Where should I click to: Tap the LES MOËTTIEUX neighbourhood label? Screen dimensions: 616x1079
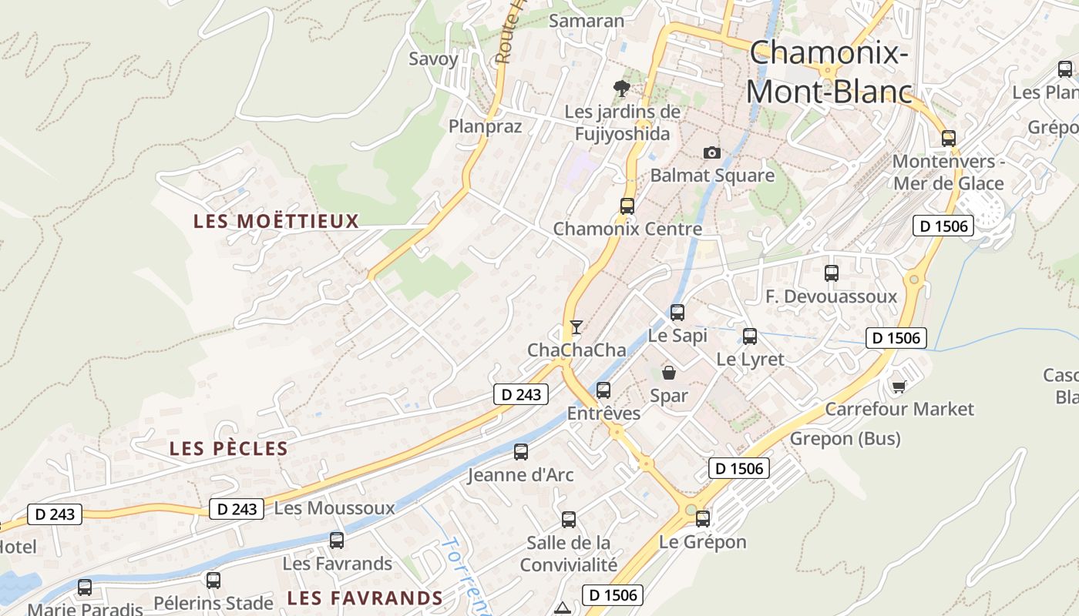click(x=276, y=222)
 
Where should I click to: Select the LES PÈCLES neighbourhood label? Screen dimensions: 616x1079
click(x=228, y=448)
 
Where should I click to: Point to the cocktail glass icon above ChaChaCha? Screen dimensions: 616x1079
click(x=576, y=326)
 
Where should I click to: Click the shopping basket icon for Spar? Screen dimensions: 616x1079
click(x=668, y=373)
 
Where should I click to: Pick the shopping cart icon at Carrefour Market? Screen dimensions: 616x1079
click(x=899, y=386)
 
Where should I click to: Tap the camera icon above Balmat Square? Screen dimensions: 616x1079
click(x=712, y=152)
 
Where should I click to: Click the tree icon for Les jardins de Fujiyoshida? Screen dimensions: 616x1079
click(x=621, y=89)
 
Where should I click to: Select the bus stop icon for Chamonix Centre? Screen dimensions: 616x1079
click(x=627, y=206)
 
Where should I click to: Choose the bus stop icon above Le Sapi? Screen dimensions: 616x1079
click(x=677, y=313)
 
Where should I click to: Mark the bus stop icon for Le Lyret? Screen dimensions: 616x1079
click(x=750, y=336)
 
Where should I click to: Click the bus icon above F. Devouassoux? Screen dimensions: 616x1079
click(x=832, y=273)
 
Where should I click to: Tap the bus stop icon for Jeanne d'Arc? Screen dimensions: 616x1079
click(x=521, y=452)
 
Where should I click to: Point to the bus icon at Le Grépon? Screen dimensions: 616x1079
click(x=703, y=519)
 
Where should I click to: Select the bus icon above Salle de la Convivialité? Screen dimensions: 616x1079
click(x=569, y=520)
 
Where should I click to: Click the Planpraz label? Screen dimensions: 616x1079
click(x=486, y=126)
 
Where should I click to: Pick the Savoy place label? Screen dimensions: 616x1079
click(x=433, y=59)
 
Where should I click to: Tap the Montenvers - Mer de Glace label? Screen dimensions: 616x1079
click(x=948, y=172)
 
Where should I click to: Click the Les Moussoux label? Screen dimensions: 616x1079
click(x=334, y=508)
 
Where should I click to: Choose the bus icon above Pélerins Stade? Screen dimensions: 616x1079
click(x=213, y=581)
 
